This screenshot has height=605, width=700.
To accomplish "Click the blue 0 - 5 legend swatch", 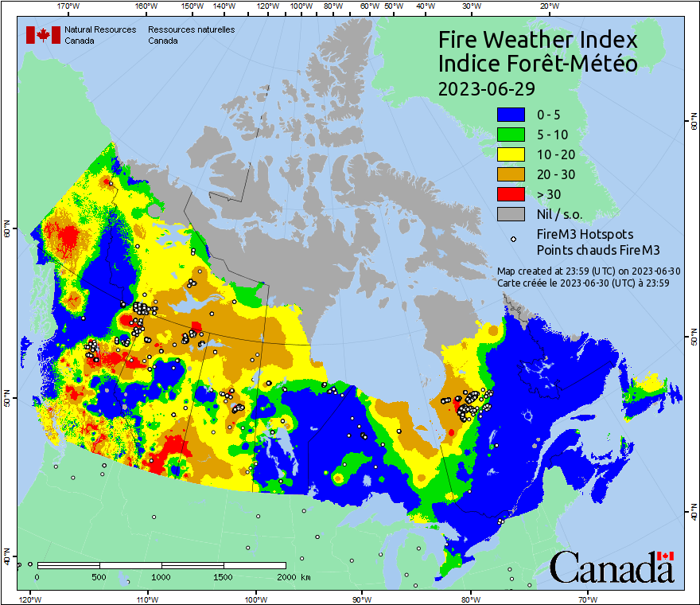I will coord(511,115).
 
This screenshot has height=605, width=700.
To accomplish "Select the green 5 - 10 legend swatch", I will coord(511,135).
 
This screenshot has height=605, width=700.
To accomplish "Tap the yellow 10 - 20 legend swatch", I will coord(511,154).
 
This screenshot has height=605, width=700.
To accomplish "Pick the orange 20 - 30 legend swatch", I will coord(511,174).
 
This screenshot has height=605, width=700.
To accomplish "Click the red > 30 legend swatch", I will coord(511,194).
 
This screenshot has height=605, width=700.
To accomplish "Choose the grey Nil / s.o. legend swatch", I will coord(511,214).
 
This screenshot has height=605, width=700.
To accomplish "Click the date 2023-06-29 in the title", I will coord(486,88).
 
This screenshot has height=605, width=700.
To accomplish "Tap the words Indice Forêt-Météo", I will coord(538,64).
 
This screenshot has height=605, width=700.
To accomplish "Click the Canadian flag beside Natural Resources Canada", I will coord(43,34).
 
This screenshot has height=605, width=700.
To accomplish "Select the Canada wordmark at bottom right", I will coord(612,567).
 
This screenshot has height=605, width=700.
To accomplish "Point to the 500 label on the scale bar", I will coord(99,576).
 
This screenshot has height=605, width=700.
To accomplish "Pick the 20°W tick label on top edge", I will coord(546,6).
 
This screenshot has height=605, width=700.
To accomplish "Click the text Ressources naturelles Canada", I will coord(191,34).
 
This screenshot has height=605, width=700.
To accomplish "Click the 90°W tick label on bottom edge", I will coord(361,599).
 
